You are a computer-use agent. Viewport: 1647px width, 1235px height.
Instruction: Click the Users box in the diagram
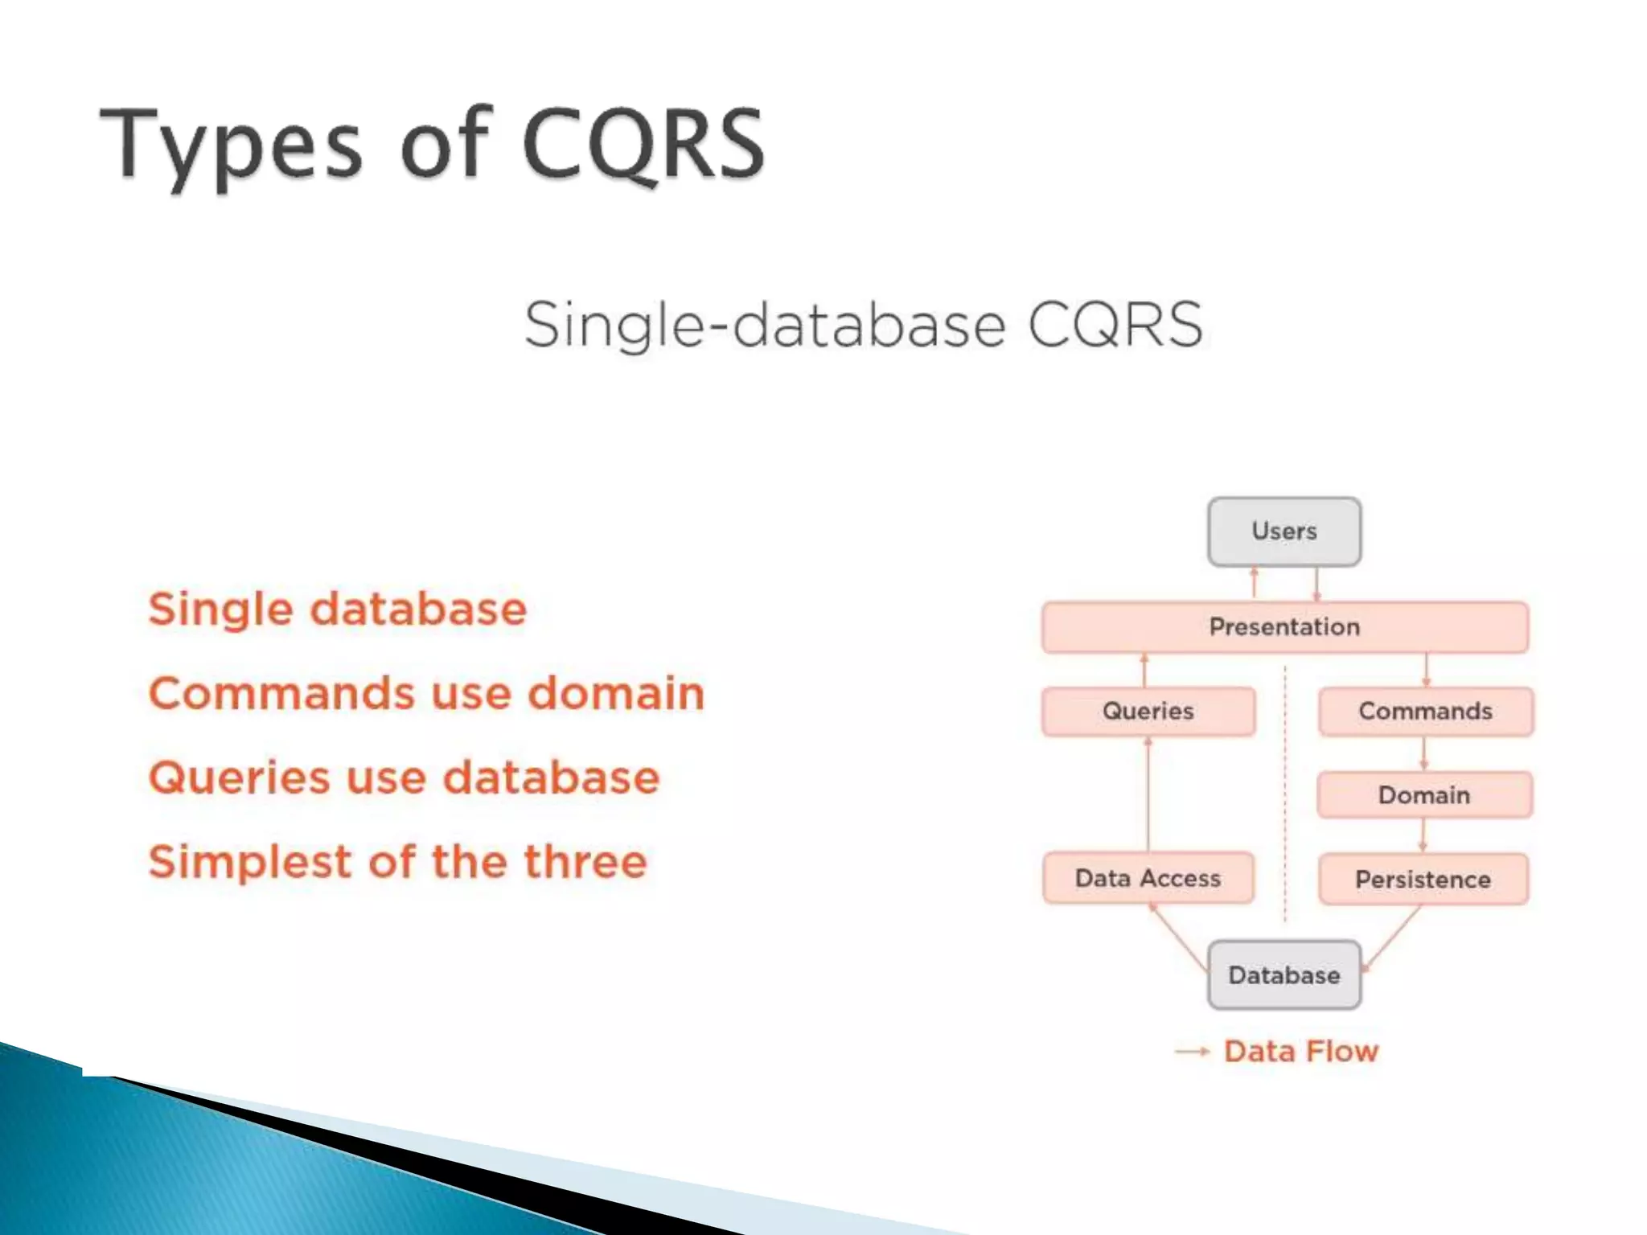pos(1284,531)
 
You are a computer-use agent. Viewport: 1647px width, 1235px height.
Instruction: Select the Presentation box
pos(1284,626)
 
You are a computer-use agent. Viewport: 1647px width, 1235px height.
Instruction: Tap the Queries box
pos(1148,711)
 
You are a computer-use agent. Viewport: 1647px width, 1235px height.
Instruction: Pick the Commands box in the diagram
pos(1425,711)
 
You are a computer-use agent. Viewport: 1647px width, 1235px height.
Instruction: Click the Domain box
pos(1424,795)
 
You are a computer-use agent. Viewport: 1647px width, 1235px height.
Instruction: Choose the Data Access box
pos(1148,878)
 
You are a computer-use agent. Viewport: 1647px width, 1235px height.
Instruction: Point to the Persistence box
pos(1423,879)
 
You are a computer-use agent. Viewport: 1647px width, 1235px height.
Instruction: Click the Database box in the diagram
pos(1284,974)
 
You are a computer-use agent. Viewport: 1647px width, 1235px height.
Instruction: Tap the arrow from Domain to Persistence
pos(1423,835)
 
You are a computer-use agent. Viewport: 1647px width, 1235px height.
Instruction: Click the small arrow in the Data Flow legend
pos(1192,1052)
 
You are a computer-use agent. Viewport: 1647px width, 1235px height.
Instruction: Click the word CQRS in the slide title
pos(643,145)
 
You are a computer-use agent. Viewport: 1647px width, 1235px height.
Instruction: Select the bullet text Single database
pos(338,609)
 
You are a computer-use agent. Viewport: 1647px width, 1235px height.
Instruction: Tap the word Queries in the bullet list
pos(239,778)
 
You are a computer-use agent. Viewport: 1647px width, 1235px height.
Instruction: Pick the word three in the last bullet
pos(585,862)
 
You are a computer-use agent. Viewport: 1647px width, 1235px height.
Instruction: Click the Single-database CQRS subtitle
pos(863,325)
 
